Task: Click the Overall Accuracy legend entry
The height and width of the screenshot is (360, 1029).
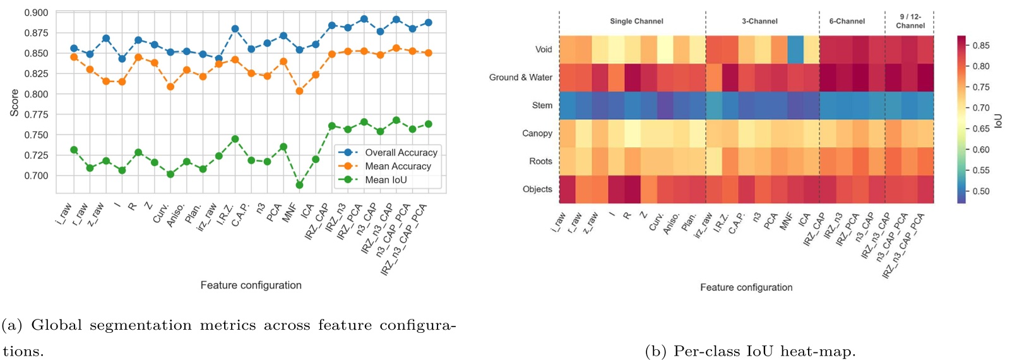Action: (401, 152)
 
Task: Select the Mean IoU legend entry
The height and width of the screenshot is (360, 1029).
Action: (386, 180)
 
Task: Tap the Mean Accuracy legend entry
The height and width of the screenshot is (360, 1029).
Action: (398, 166)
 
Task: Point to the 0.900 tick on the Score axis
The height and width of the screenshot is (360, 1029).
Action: (36, 13)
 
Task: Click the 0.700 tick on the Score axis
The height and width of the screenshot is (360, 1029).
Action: (36, 176)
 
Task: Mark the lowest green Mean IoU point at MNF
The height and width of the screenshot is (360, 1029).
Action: (299, 185)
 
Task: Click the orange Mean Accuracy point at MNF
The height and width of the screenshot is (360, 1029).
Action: (299, 91)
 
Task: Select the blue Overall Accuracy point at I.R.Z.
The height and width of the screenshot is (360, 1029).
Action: (235, 29)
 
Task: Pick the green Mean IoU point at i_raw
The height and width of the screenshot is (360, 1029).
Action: (74, 150)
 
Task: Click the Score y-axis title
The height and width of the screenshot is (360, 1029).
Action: (14, 102)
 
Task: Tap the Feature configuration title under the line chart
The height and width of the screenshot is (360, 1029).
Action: (251, 285)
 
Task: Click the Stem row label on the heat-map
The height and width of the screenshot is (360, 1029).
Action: (542, 105)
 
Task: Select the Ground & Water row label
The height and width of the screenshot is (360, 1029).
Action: (520, 77)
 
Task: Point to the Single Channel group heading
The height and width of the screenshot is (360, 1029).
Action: (636, 21)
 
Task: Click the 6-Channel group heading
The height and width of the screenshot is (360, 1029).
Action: (847, 21)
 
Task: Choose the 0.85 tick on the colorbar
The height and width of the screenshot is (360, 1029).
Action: (981, 45)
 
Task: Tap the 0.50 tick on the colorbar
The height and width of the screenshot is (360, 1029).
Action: (981, 191)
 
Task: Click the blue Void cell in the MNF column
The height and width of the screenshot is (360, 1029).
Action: (795, 49)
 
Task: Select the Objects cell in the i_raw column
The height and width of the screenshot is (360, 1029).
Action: (567, 189)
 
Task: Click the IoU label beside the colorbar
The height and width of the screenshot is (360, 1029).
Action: (998, 121)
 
